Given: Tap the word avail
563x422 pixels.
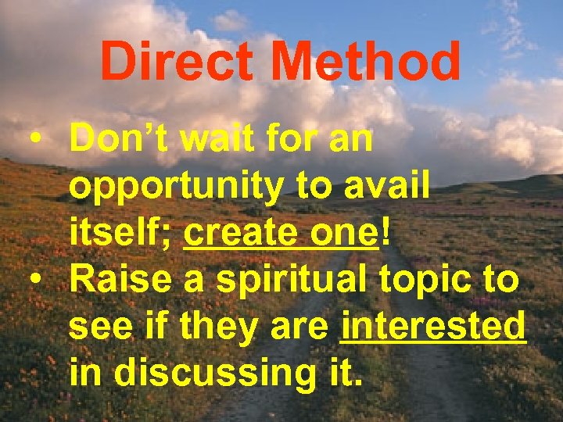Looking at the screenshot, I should tap(389, 187).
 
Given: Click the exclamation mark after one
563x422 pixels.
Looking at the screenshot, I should tap(383, 234).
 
